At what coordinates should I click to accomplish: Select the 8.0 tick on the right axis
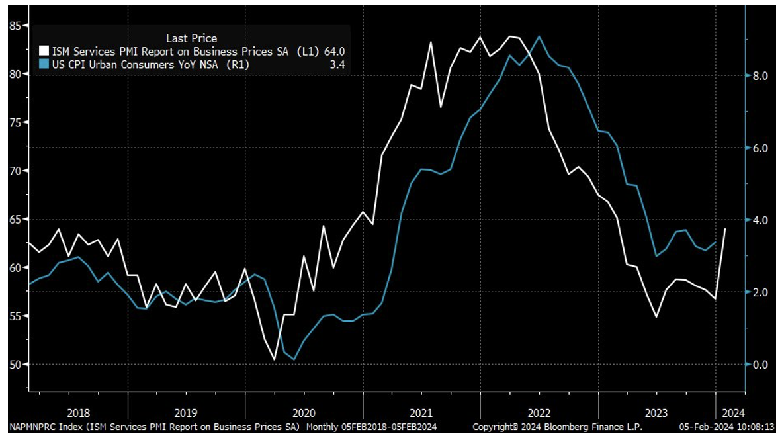pyautogui.click(x=760, y=76)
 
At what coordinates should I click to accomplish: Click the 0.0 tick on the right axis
pyautogui.click(x=760, y=365)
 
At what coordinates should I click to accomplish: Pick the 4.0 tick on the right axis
pyautogui.click(x=760, y=220)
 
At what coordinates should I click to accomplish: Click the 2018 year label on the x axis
pyautogui.click(x=79, y=411)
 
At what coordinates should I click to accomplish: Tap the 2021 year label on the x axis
pyautogui.click(x=421, y=411)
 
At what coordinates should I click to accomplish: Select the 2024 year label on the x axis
pyautogui.click(x=732, y=411)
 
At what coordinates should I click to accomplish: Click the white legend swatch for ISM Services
pyautogui.click(x=44, y=51)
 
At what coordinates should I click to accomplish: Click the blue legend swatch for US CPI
pyautogui.click(x=44, y=64)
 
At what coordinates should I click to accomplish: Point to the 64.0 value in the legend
pyautogui.click(x=334, y=51)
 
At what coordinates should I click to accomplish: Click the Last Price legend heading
pyautogui.click(x=191, y=38)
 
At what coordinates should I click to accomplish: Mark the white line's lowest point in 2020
pyautogui.click(x=275, y=359)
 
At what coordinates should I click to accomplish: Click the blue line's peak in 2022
pyautogui.click(x=540, y=36)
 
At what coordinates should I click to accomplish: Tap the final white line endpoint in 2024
pyautogui.click(x=725, y=229)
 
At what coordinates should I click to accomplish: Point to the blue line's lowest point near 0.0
pyautogui.click(x=294, y=359)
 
